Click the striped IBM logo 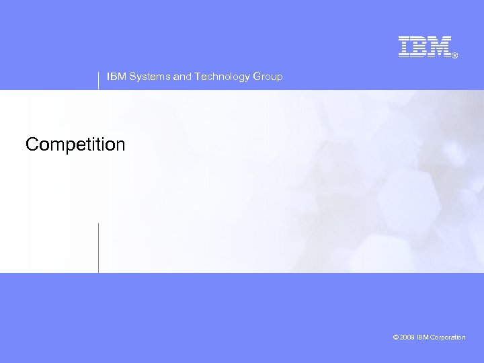(x=424, y=46)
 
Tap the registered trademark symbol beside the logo (x=455, y=56)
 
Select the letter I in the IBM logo (x=405, y=46)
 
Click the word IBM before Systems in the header (x=116, y=77)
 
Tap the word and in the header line (x=182, y=77)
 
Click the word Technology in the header (x=222, y=77)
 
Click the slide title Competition (x=75, y=145)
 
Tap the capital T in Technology (x=197, y=77)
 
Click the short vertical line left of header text (x=99, y=80)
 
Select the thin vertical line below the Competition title (x=99, y=247)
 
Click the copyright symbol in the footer (x=396, y=337)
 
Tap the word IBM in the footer (x=422, y=337)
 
